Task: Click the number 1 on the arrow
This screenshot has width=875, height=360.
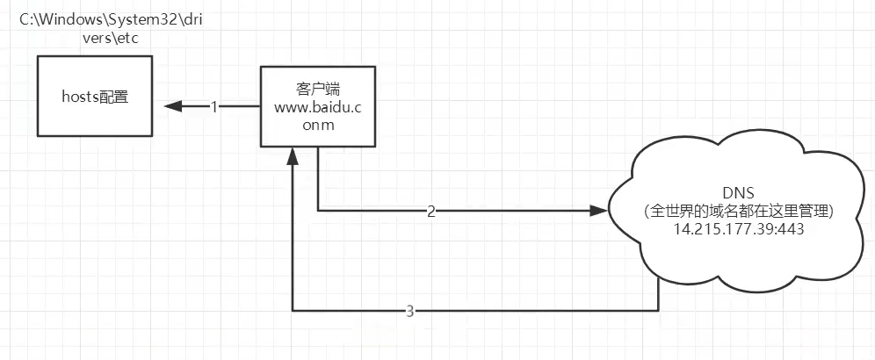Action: pyautogui.click(x=213, y=106)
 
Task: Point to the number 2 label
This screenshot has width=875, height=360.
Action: pyautogui.click(x=430, y=212)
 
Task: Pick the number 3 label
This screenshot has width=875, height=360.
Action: pyautogui.click(x=410, y=312)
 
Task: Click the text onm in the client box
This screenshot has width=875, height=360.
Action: pyautogui.click(x=317, y=125)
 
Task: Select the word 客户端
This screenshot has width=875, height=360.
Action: pyautogui.click(x=317, y=88)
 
